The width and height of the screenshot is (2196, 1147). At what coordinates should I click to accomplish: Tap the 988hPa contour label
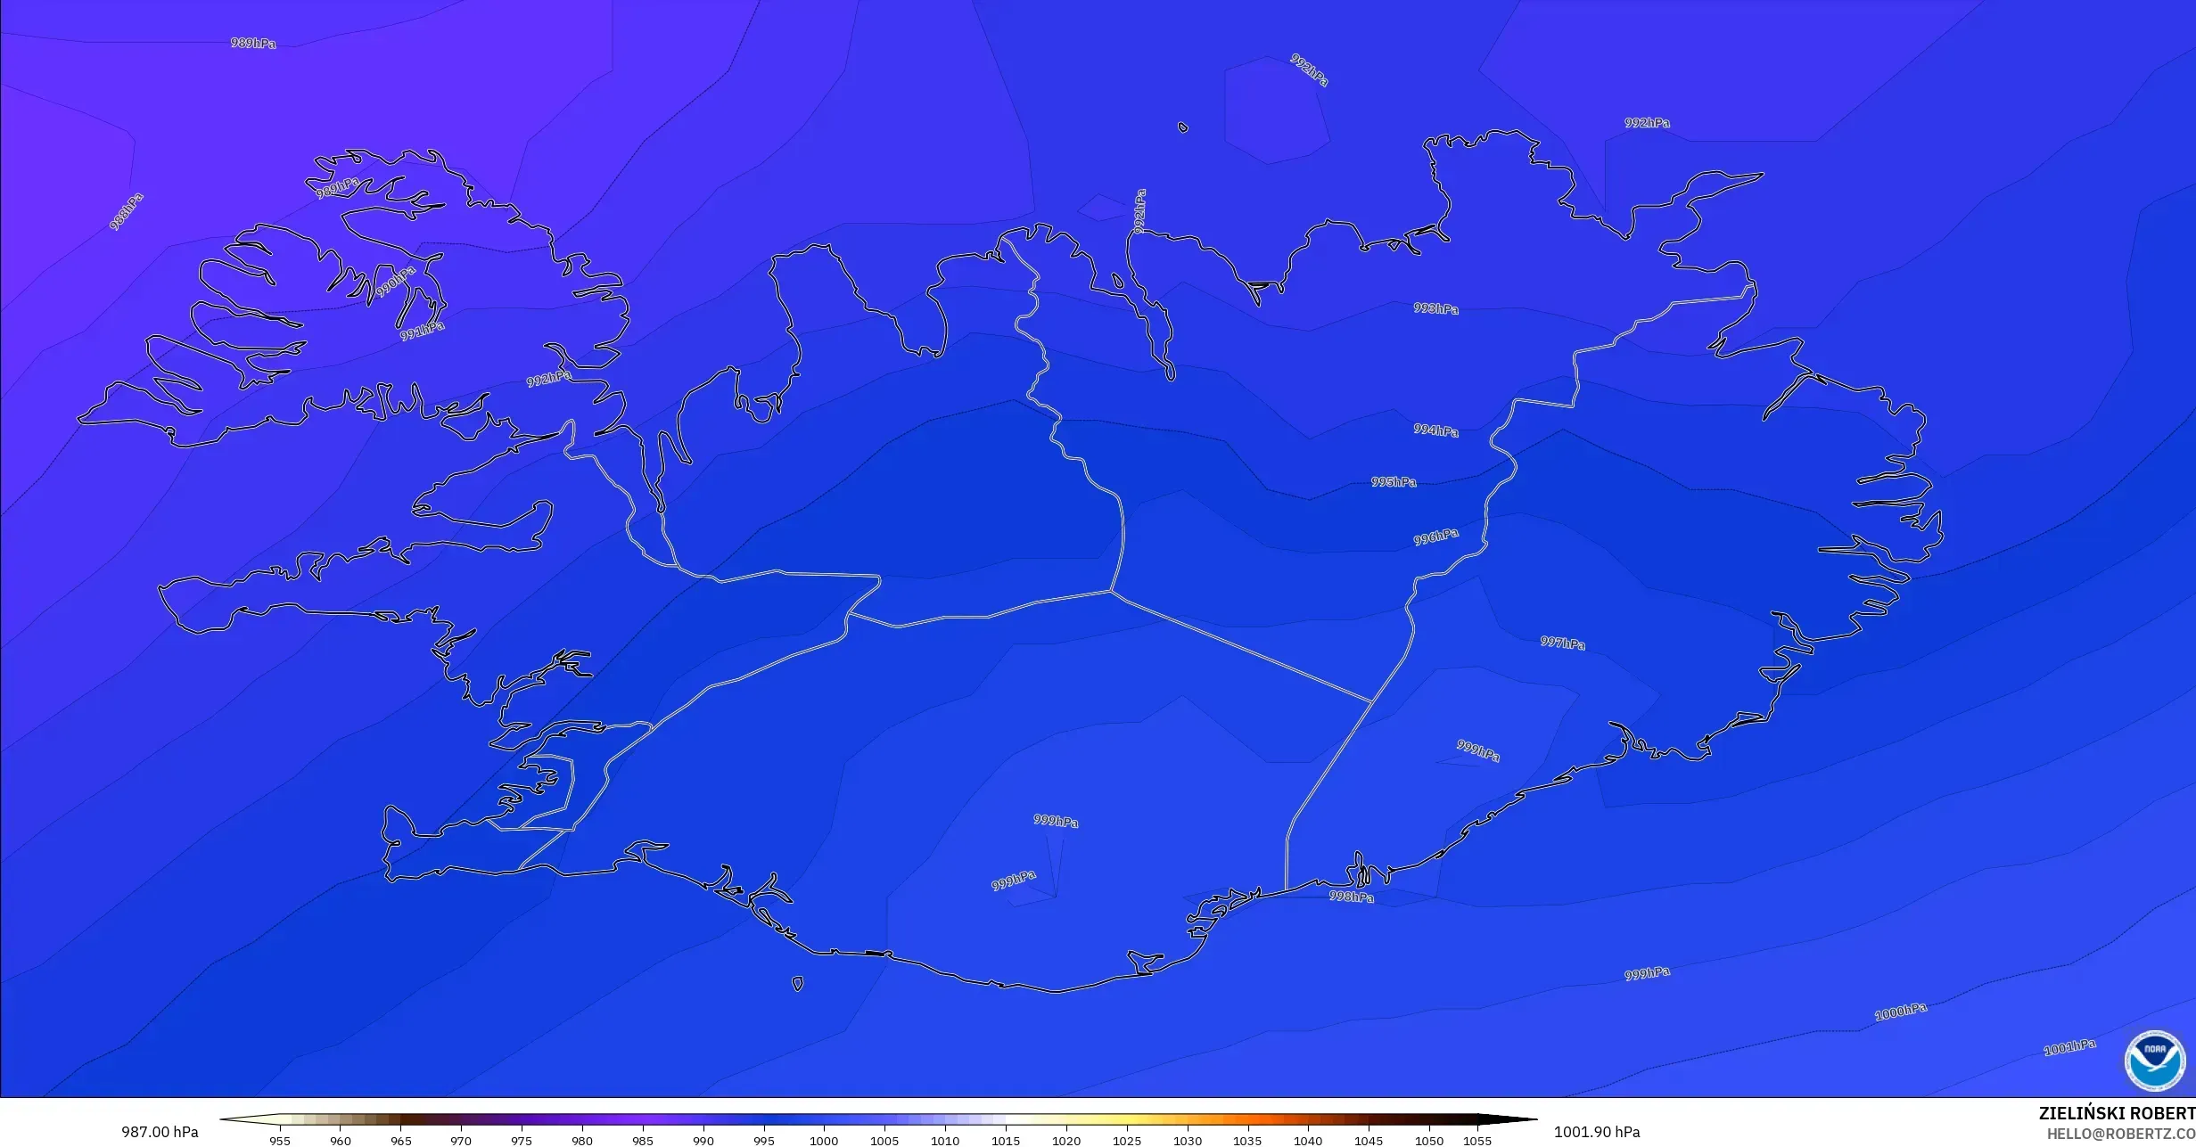pyautogui.click(x=127, y=212)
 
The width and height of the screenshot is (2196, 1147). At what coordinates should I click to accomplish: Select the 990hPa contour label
pyautogui.click(x=395, y=282)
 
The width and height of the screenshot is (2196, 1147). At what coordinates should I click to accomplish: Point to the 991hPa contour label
pyautogui.click(x=422, y=331)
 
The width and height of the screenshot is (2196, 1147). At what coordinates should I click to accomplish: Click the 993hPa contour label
pyautogui.click(x=1435, y=308)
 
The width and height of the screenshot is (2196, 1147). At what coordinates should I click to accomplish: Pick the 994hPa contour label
pyautogui.click(x=1435, y=430)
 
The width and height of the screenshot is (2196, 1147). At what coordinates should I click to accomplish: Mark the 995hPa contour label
pyautogui.click(x=1394, y=482)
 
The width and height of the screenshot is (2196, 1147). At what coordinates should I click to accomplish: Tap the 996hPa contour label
pyautogui.click(x=1435, y=537)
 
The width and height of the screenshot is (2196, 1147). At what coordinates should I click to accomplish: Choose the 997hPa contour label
pyautogui.click(x=1562, y=643)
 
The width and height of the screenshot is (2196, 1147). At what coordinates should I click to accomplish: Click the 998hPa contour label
pyautogui.click(x=1351, y=897)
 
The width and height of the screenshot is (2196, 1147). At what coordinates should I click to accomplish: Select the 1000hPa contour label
pyautogui.click(x=1900, y=1012)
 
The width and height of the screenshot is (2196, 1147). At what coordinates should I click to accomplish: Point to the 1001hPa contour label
pyautogui.click(x=2069, y=1048)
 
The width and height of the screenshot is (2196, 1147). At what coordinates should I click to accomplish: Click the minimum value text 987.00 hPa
pyautogui.click(x=160, y=1132)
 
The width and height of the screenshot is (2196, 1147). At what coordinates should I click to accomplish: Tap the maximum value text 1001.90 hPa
pyautogui.click(x=1596, y=1132)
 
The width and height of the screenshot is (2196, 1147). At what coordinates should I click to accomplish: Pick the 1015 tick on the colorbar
pyautogui.click(x=1006, y=1140)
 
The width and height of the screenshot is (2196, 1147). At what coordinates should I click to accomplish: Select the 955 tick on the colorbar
pyautogui.click(x=280, y=1140)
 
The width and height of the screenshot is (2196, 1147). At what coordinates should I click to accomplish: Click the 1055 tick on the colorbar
pyautogui.click(x=1476, y=1140)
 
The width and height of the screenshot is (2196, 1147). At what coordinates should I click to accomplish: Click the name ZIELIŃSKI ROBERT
pyautogui.click(x=2116, y=1113)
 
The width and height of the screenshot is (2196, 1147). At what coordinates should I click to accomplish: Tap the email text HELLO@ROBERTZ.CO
pyautogui.click(x=2120, y=1134)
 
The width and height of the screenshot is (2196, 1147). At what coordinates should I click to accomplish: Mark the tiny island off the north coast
pyautogui.click(x=1183, y=127)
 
